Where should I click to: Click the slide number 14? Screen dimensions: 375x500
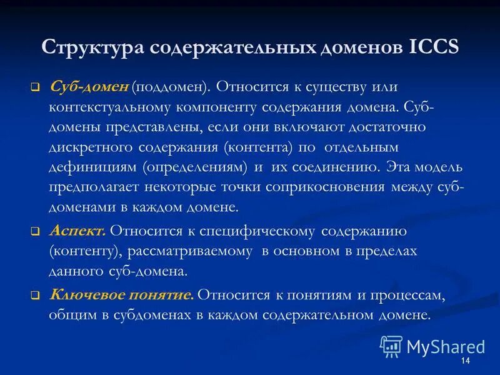(464, 363)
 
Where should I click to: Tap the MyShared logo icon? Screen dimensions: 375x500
(391, 346)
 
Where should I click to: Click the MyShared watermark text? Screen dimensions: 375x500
(446, 347)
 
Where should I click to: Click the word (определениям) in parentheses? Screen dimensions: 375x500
(195, 167)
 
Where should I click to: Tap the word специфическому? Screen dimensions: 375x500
(259, 231)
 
